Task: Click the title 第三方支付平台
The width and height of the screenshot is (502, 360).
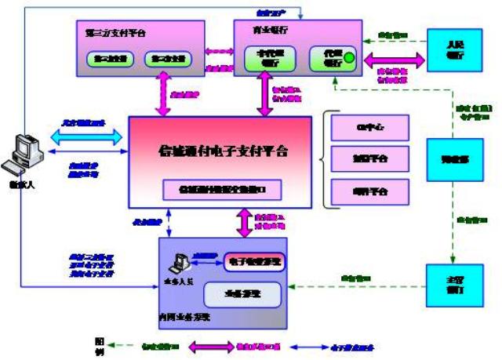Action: tap(115, 33)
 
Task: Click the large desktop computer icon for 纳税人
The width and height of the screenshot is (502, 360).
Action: tap(22, 153)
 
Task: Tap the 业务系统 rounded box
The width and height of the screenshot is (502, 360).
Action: tap(242, 293)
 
